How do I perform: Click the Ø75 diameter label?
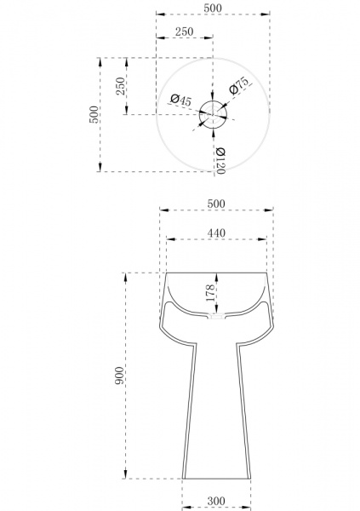[x=238, y=85]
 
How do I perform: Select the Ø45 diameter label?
[x=181, y=100]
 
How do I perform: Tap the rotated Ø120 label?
[x=220, y=161]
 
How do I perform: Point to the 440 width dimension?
[x=216, y=233]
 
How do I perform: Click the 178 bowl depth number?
[x=210, y=293]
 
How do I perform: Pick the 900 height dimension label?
[x=119, y=375]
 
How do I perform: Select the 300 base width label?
[x=216, y=500]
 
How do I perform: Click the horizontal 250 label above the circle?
[x=185, y=32]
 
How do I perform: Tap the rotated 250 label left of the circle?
[x=121, y=86]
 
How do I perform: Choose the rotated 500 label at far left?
[x=93, y=114]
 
